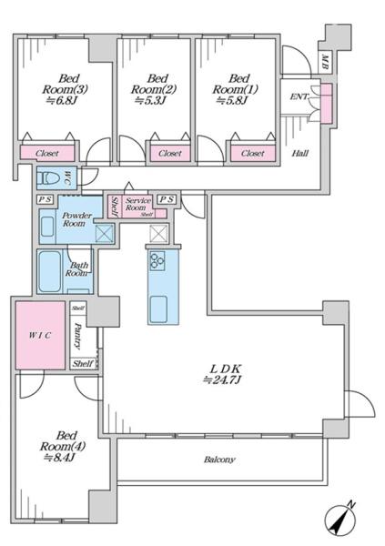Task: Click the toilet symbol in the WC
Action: [x=50, y=178]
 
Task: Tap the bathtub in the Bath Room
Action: [x=49, y=271]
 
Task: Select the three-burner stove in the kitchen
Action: [x=157, y=261]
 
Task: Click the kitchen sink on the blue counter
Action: [x=158, y=308]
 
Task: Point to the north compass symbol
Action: [x=340, y=520]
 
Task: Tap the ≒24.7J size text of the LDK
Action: [x=222, y=379]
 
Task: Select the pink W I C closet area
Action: [x=40, y=336]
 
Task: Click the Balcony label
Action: [x=219, y=460]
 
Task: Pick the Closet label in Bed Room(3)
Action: [x=47, y=153]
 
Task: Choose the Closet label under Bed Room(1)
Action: [x=253, y=153]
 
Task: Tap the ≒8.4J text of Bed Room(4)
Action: [x=59, y=458]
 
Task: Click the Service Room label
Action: [x=137, y=204]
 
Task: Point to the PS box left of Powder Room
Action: [x=45, y=199]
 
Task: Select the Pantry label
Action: [x=77, y=336]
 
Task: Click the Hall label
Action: [x=300, y=153]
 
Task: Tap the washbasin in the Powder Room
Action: [x=47, y=227]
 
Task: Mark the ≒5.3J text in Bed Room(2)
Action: [x=150, y=101]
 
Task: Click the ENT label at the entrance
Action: [x=299, y=96]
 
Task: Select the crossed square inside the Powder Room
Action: [x=105, y=233]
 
